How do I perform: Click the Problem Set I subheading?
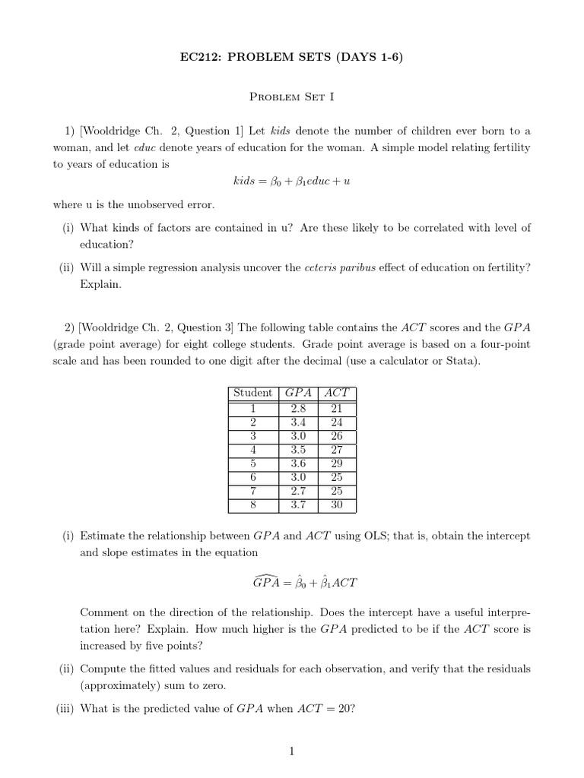click(292, 97)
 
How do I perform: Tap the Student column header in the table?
click(253, 393)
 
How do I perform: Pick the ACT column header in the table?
click(337, 393)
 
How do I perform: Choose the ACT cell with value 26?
click(337, 435)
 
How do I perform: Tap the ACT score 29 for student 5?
click(337, 463)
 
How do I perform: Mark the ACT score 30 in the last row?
click(337, 504)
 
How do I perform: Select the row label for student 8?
click(253, 504)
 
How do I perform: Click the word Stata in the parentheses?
click(459, 361)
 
